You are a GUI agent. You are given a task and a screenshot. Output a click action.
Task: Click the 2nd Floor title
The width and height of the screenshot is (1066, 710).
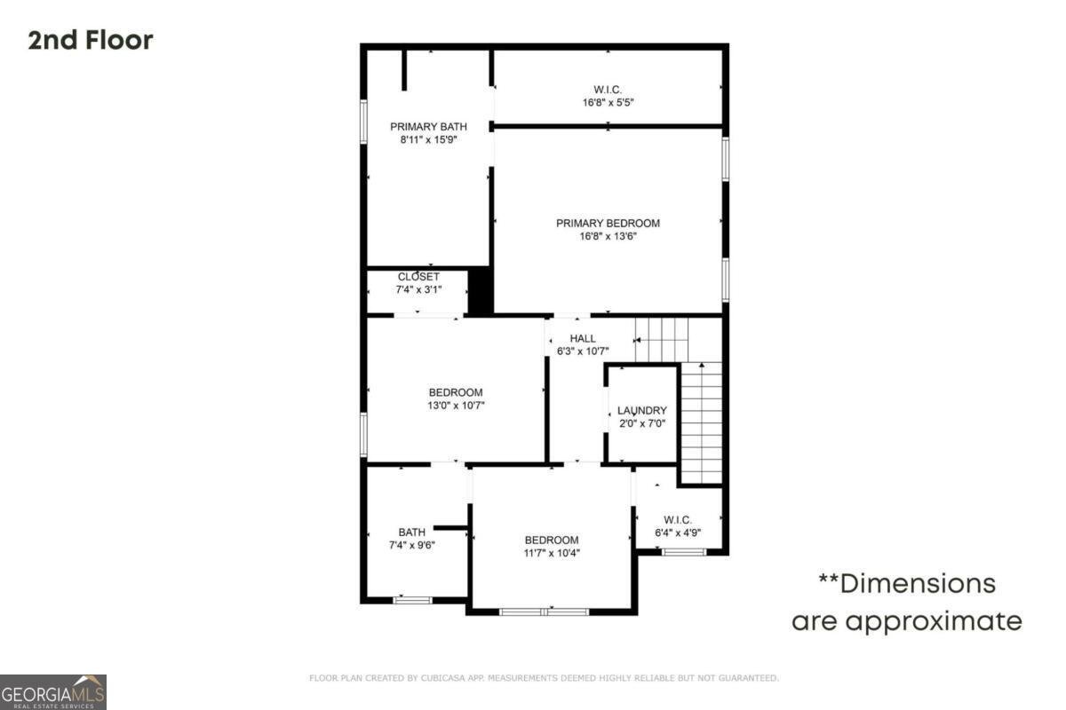point(91,40)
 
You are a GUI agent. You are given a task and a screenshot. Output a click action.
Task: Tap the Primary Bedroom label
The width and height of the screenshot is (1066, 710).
point(608,224)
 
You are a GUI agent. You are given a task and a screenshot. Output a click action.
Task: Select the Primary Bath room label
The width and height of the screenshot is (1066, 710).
point(428,127)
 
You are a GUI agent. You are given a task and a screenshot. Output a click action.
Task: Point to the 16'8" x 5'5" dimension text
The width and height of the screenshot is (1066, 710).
point(608,102)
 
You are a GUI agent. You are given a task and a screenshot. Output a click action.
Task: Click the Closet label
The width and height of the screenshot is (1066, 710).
point(418,277)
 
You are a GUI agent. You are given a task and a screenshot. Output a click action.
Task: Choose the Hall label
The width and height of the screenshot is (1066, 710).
point(583,338)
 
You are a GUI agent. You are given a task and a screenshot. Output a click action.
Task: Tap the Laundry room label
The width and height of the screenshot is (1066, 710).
point(642,411)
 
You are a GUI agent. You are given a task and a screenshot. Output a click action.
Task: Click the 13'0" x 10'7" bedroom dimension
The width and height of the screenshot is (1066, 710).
point(456,406)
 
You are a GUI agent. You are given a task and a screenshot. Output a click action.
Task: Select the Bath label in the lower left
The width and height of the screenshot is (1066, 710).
point(411,532)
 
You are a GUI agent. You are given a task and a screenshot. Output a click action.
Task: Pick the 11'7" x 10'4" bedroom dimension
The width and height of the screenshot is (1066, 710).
point(551,553)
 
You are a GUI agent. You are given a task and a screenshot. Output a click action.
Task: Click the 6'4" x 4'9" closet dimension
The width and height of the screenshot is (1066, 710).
point(678,532)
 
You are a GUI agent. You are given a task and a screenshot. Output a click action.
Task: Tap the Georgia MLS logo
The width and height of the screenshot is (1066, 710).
point(53,691)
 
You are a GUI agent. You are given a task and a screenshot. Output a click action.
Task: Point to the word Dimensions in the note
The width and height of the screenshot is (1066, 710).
point(918,584)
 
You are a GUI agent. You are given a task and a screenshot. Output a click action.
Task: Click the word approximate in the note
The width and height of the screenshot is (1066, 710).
point(933,621)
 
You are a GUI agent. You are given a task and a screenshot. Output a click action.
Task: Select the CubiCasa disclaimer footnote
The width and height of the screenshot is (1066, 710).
point(544,678)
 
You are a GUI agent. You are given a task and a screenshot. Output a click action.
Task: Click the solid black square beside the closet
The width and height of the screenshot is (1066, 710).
point(480,290)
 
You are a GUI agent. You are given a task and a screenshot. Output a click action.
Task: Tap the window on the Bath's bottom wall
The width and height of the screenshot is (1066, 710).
point(412,600)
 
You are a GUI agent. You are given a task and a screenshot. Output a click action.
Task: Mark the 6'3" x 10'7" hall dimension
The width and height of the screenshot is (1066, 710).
point(583,351)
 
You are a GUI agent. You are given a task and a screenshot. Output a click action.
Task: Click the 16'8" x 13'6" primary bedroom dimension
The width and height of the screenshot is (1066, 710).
point(608,236)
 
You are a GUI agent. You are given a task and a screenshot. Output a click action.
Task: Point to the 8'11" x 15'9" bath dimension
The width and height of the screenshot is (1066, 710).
point(428,139)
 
